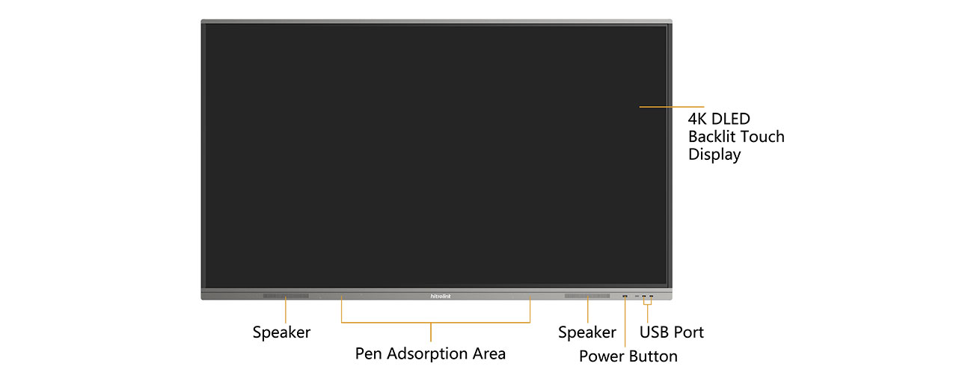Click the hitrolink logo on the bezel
440,296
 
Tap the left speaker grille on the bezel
286,296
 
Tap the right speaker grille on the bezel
587,296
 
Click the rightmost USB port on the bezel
651,296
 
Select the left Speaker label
281,332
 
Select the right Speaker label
587,332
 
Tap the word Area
489,353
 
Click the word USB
654,332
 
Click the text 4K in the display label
697,119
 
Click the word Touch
761,137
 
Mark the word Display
714,155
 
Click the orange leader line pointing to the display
672,107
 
